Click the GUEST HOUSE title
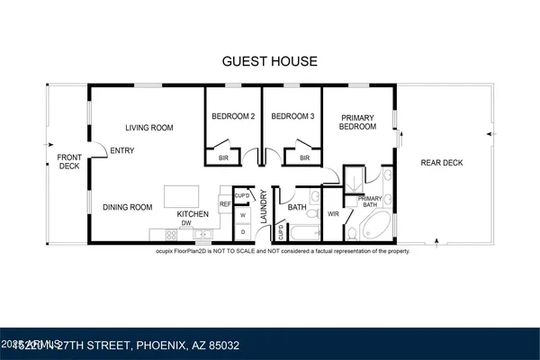[269, 61]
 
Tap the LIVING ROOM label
[148, 128]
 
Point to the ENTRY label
[122, 150]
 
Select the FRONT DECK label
[69, 161]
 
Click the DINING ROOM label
[127, 207]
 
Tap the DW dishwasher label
[186, 223]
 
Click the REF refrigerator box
[225, 204]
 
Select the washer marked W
[242, 215]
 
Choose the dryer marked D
[242, 231]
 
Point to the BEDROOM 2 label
[233, 116]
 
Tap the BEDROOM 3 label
[292, 116]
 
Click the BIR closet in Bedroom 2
[222, 158]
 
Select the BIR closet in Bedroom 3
[304, 158]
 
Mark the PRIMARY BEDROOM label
[357, 121]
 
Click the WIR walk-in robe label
[333, 214]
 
